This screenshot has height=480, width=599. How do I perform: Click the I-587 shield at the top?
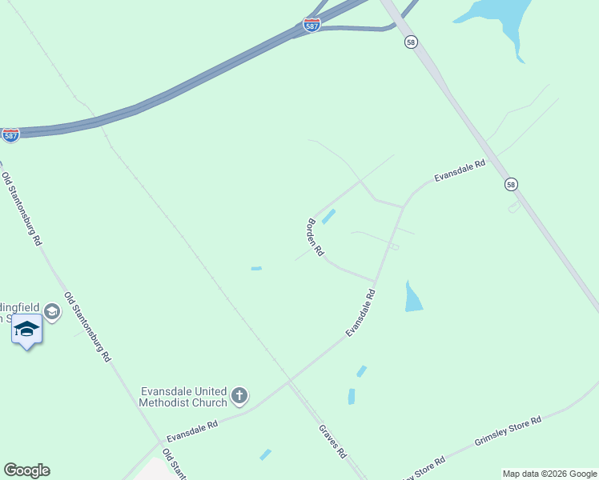312,26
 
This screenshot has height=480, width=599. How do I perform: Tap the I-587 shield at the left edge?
10,135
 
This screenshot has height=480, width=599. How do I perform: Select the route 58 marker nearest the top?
411,42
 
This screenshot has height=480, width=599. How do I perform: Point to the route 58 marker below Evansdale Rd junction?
511,185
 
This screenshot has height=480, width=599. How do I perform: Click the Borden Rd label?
316,237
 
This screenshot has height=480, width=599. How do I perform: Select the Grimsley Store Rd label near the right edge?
508,430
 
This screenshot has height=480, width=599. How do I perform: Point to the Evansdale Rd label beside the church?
192,432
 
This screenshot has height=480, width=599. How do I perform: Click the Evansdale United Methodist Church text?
183,396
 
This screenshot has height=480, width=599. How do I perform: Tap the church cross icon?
239,395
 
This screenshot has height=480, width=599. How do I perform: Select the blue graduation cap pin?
26,329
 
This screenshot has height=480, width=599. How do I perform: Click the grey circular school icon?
52,311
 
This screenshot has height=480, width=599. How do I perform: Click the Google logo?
26,470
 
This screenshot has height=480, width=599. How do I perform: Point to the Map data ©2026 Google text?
549,474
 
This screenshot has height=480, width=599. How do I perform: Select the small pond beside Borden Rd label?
328,216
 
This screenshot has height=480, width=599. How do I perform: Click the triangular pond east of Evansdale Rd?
412,298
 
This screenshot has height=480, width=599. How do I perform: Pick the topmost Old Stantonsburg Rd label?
21,208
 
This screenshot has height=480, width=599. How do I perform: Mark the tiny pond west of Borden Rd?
256,268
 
